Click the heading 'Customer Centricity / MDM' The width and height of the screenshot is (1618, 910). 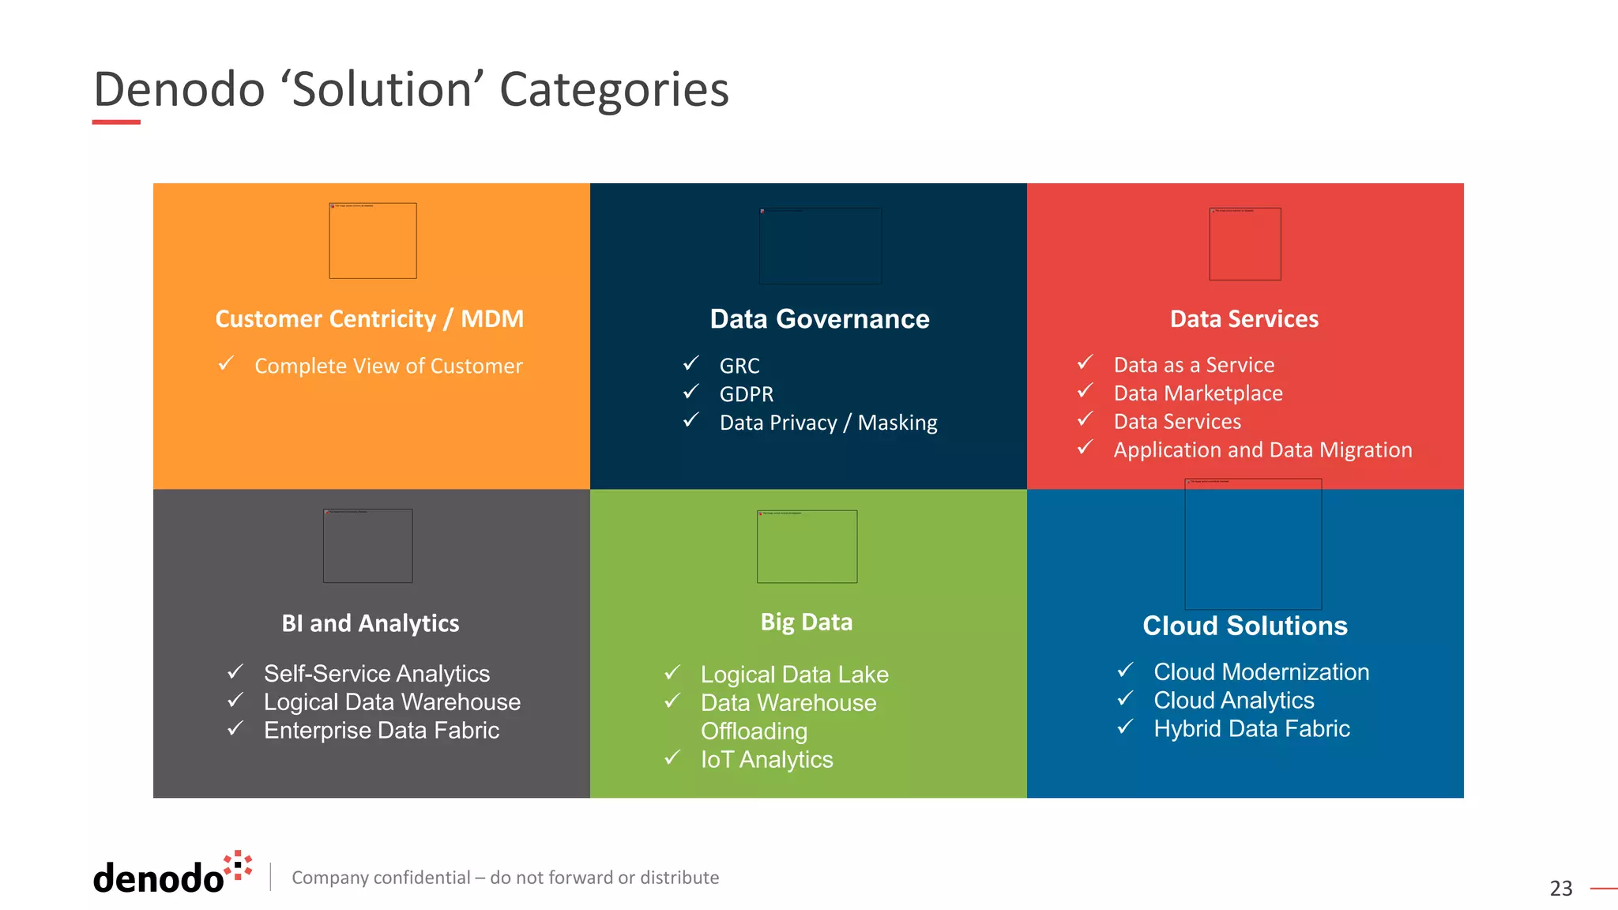369,319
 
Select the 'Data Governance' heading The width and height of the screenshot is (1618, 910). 819,319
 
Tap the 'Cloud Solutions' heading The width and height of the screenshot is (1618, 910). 1244,626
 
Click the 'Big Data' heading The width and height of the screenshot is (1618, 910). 806,622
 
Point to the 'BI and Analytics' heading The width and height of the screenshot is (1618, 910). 370,623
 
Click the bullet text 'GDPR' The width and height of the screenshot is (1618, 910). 746,394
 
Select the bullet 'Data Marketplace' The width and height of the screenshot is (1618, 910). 1198,393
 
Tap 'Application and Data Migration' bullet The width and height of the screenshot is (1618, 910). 1262,450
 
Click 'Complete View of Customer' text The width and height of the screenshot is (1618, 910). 388,367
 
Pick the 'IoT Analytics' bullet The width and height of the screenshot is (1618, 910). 766,760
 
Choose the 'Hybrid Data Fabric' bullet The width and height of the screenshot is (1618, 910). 1251,729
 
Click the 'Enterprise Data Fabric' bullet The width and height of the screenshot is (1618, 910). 381,731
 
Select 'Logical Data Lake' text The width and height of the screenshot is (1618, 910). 794,675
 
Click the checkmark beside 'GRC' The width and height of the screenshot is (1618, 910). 691,363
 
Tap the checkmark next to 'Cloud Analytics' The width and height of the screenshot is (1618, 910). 1126,698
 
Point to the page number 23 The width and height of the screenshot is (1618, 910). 1560,889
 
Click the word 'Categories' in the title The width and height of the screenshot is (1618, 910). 614,89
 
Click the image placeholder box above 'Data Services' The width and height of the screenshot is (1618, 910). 1244,244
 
